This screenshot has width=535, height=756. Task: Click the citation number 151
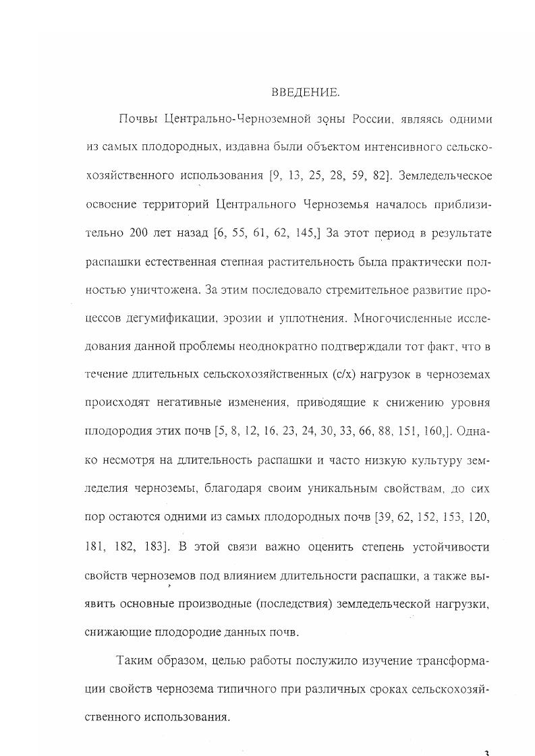point(422,432)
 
